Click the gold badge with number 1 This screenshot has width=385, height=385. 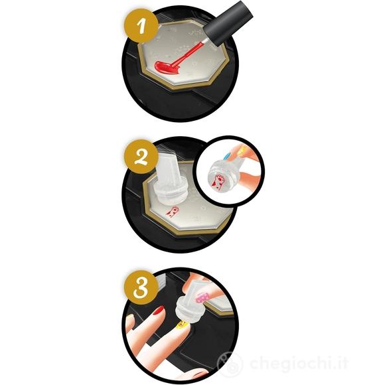point(141,26)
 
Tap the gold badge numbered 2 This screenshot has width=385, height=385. point(141,157)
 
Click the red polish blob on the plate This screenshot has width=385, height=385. point(167,67)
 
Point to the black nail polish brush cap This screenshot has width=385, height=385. point(228,23)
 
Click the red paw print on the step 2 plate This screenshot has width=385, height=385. point(172,211)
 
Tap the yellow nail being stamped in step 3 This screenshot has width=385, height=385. point(181,325)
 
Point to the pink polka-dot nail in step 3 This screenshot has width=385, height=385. point(203,298)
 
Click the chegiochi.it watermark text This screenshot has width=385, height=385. point(298,364)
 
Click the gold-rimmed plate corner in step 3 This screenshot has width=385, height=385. point(219,310)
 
